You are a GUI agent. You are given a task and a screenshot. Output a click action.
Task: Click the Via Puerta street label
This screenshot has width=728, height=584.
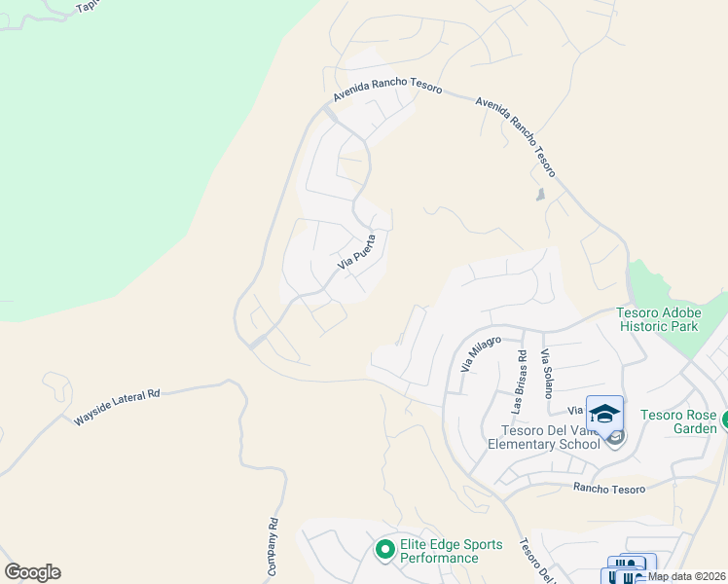[356, 252]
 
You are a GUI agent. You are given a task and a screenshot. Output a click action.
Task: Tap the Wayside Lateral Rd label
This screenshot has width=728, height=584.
[116, 408]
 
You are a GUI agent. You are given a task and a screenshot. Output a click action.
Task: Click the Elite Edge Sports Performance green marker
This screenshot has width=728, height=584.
[384, 551]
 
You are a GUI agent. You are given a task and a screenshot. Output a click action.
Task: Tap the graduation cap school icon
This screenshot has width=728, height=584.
[604, 413]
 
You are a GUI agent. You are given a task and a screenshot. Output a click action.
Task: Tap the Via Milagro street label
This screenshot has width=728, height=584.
[480, 355]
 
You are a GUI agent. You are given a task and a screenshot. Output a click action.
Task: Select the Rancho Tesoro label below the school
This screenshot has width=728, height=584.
[608, 489]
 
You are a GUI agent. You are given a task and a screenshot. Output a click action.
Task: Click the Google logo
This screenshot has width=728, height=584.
[32, 572]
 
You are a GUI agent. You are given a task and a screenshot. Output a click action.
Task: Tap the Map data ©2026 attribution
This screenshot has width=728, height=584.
[686, 576]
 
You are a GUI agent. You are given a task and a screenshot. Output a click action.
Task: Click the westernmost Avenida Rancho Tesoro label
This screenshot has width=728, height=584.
[387, 89]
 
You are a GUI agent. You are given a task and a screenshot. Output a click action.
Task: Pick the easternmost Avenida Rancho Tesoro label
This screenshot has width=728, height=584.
[516, 136]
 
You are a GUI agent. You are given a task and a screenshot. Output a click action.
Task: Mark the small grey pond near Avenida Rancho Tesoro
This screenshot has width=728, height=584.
[540, 195]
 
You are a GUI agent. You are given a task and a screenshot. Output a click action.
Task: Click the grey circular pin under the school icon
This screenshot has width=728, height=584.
[614, 439]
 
